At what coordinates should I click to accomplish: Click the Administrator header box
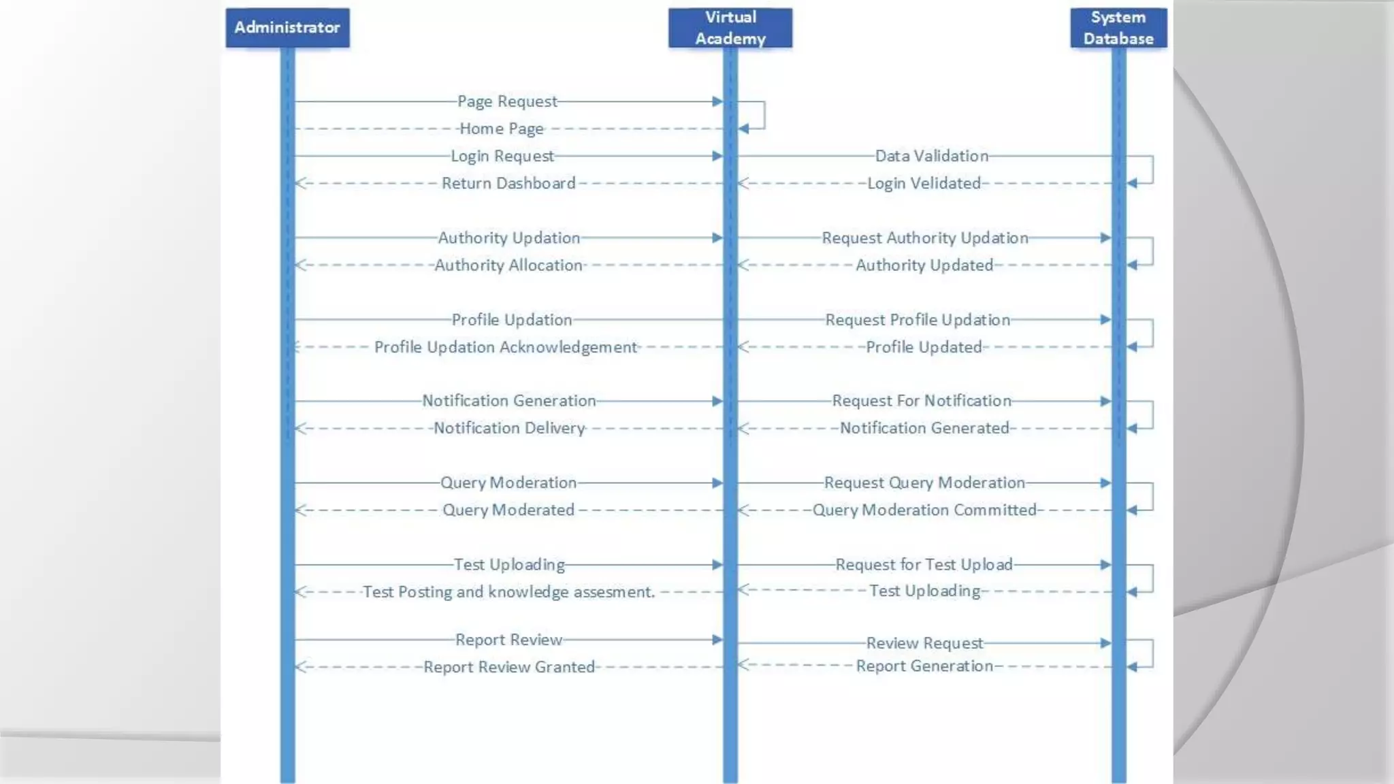coord(287,28)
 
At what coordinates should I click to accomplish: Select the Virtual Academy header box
coord(730,28)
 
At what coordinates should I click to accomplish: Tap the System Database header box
coord(1118,28)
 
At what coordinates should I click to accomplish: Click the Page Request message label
coord(507,101)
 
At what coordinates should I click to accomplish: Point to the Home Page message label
coord(502,129)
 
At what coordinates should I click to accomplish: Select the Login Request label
coord(502,156)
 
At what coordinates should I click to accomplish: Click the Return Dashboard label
coord(508,183)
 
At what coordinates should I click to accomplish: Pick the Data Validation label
coord(931,156)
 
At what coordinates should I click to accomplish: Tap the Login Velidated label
coord(924,183)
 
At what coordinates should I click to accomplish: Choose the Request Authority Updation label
coord(924,238)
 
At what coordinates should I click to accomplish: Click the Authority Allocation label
coord(508,265)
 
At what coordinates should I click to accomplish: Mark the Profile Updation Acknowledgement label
coord(506,347)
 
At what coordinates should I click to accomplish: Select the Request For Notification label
coord(922,401)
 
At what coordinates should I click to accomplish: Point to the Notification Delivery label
coord(509,428)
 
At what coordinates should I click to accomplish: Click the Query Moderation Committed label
coord(924,510)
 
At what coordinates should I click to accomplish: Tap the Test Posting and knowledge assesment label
coord(508,592)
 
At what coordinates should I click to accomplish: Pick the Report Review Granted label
coord(509,667)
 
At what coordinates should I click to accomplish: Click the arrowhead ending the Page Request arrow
coord(717,101)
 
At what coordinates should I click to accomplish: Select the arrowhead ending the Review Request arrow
coord(1105,643)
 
